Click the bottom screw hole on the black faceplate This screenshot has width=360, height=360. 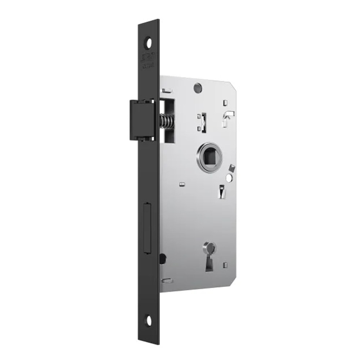pyautogui.click(x=148, y=319)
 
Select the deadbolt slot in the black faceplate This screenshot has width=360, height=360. pyautogui.click(x=147, y=228)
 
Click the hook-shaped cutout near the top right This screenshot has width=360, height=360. pyautogui.click(x=229, y=117)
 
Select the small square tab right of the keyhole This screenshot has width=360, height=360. pyautogui.click(x=225, y=265)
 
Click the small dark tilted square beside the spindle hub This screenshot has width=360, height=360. pyautogui.click(x=231, y=168)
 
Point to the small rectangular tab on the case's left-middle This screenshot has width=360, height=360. pyautogui.click(x=182, y=184)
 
